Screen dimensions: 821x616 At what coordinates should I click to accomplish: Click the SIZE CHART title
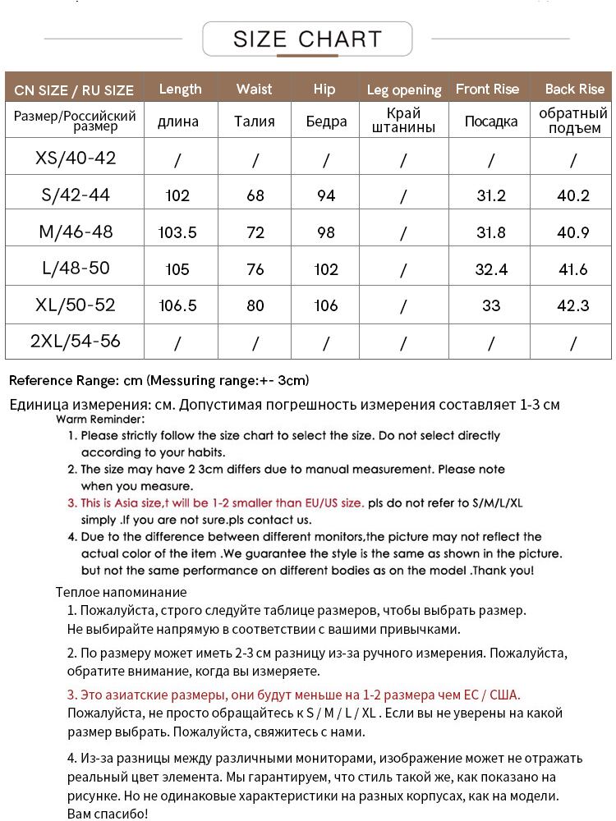(x=307, y=39)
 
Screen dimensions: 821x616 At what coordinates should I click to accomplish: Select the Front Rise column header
(x=488, y=89)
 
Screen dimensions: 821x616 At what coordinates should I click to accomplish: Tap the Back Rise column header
(x=574, y=89)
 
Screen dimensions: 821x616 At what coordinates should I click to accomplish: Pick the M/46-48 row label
(x=76, y=232)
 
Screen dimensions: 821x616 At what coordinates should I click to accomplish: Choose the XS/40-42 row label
(x=76, y=158)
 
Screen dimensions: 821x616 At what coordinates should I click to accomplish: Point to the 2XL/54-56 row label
(x=75, y=341)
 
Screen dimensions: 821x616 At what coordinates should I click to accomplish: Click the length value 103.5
(x=177, y=232)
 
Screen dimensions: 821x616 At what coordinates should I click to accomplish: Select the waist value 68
(x=255, y=196)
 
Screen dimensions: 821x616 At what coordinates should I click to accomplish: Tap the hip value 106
(x=326, y=305)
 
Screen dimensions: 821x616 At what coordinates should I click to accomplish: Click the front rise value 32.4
(x=491, y=269)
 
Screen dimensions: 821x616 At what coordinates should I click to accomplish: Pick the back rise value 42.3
(x=573, y=305)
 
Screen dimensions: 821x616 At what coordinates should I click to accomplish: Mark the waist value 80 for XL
(x=255, y=305)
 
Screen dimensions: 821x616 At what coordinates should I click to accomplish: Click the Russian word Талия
(x=255, y=122)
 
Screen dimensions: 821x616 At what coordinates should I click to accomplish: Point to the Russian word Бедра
(x=326, y=122)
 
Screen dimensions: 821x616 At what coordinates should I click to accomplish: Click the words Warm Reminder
(x=100, y=419)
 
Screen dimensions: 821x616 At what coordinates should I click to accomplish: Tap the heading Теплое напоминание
(x=121, y=591)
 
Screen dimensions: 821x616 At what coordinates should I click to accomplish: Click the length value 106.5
(x=177, y=305)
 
